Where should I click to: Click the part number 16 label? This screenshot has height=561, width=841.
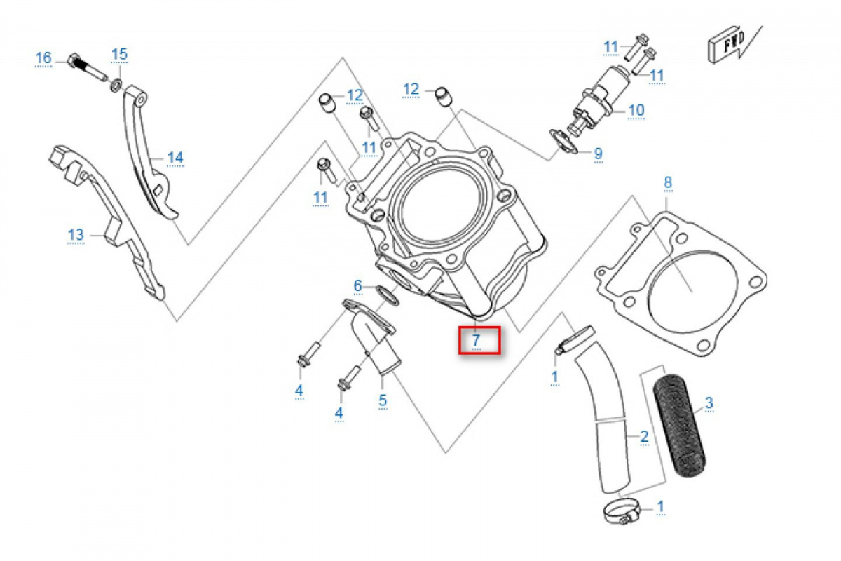tap(43, 58)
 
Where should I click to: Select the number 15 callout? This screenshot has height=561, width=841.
tap(120, 54)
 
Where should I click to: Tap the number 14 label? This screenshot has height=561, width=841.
tap(175, 157)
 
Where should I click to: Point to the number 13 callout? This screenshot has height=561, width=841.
tap(76, 234)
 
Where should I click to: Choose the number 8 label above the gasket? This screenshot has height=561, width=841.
tap(668, 183)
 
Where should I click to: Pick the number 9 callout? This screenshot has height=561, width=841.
tap(598, 153)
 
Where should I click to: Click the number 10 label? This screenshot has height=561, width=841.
tap(636, 110)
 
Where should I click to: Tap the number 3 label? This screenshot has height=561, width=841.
tap(709, 403)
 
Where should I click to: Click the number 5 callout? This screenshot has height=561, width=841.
tap(383, 400)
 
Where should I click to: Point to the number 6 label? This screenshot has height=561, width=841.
tap(357, 285)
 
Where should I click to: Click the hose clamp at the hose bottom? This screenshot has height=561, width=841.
tap(620, 513)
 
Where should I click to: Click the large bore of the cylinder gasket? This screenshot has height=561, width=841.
tap(690, 291)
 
